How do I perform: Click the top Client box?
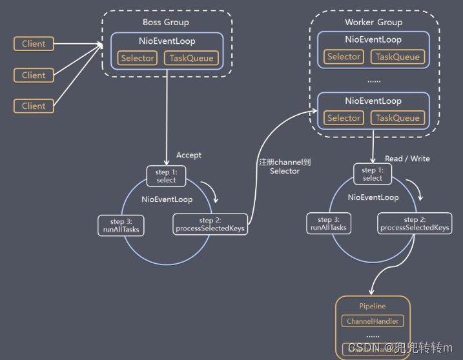pos(34,44)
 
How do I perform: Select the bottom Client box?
pos(34,106)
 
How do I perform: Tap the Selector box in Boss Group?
pos(138,58)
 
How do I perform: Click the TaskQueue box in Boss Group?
pos(190,58)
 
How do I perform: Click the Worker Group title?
pos(373,23)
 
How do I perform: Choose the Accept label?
pos(189,155)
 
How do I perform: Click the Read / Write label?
pos(407,158)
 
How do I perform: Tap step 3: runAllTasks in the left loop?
pos(119,225)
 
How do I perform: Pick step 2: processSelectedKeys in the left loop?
pos(211,225)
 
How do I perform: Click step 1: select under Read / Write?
pos(373,174)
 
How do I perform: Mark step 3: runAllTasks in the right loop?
pos(329,223)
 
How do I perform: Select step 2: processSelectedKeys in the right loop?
pos(415,223)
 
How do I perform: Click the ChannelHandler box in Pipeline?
pos(373,321)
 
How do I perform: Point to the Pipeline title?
pos(373,305)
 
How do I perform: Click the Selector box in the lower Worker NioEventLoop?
pos(344,118)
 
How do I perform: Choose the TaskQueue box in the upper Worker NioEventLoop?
pos(397,57)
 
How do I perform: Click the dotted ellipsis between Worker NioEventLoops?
pos(373,81)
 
